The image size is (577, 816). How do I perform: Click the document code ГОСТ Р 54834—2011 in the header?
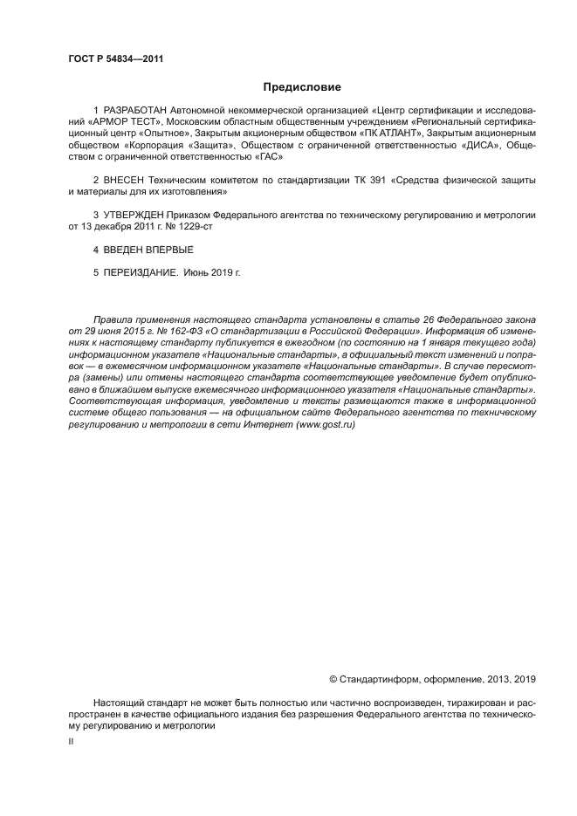[115, 59]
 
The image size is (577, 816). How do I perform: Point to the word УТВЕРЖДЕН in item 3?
[133, 214]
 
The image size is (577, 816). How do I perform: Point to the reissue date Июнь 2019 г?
[211, 272]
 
